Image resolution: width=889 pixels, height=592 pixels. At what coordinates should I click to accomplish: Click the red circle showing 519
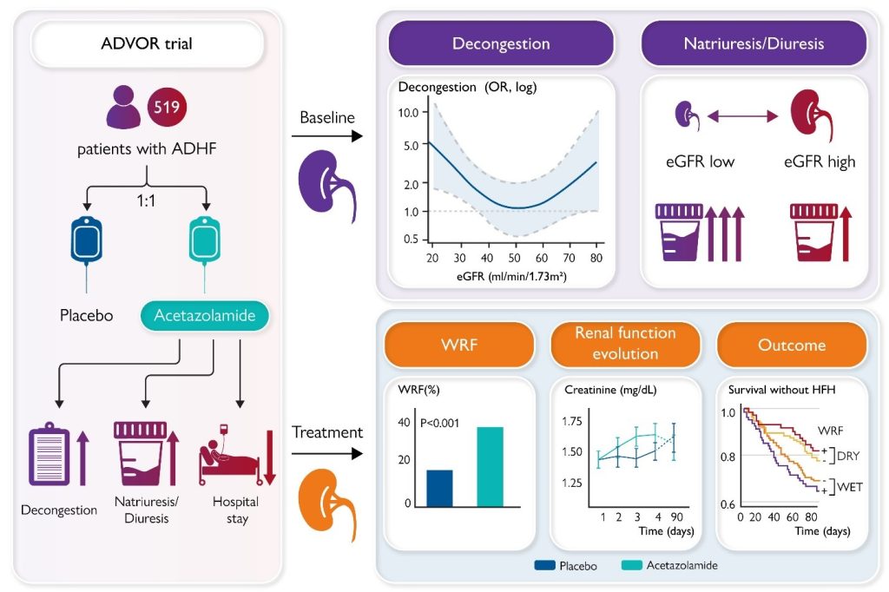[168, 109]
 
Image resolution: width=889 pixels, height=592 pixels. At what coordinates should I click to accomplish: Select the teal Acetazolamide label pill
[205, 316]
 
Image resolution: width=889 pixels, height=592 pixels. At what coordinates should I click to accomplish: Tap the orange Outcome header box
[791, 345]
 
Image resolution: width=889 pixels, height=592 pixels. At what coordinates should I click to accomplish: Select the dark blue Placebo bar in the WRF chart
[439, 488]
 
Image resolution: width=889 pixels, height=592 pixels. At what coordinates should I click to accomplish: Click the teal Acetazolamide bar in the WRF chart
[490, 466]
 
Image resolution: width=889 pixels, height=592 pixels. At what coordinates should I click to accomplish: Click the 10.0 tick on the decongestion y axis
[408, 113]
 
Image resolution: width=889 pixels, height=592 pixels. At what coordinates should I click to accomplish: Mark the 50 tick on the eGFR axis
[514, 258]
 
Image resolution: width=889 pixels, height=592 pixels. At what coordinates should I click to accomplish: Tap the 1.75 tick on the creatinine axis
[571, 421]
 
